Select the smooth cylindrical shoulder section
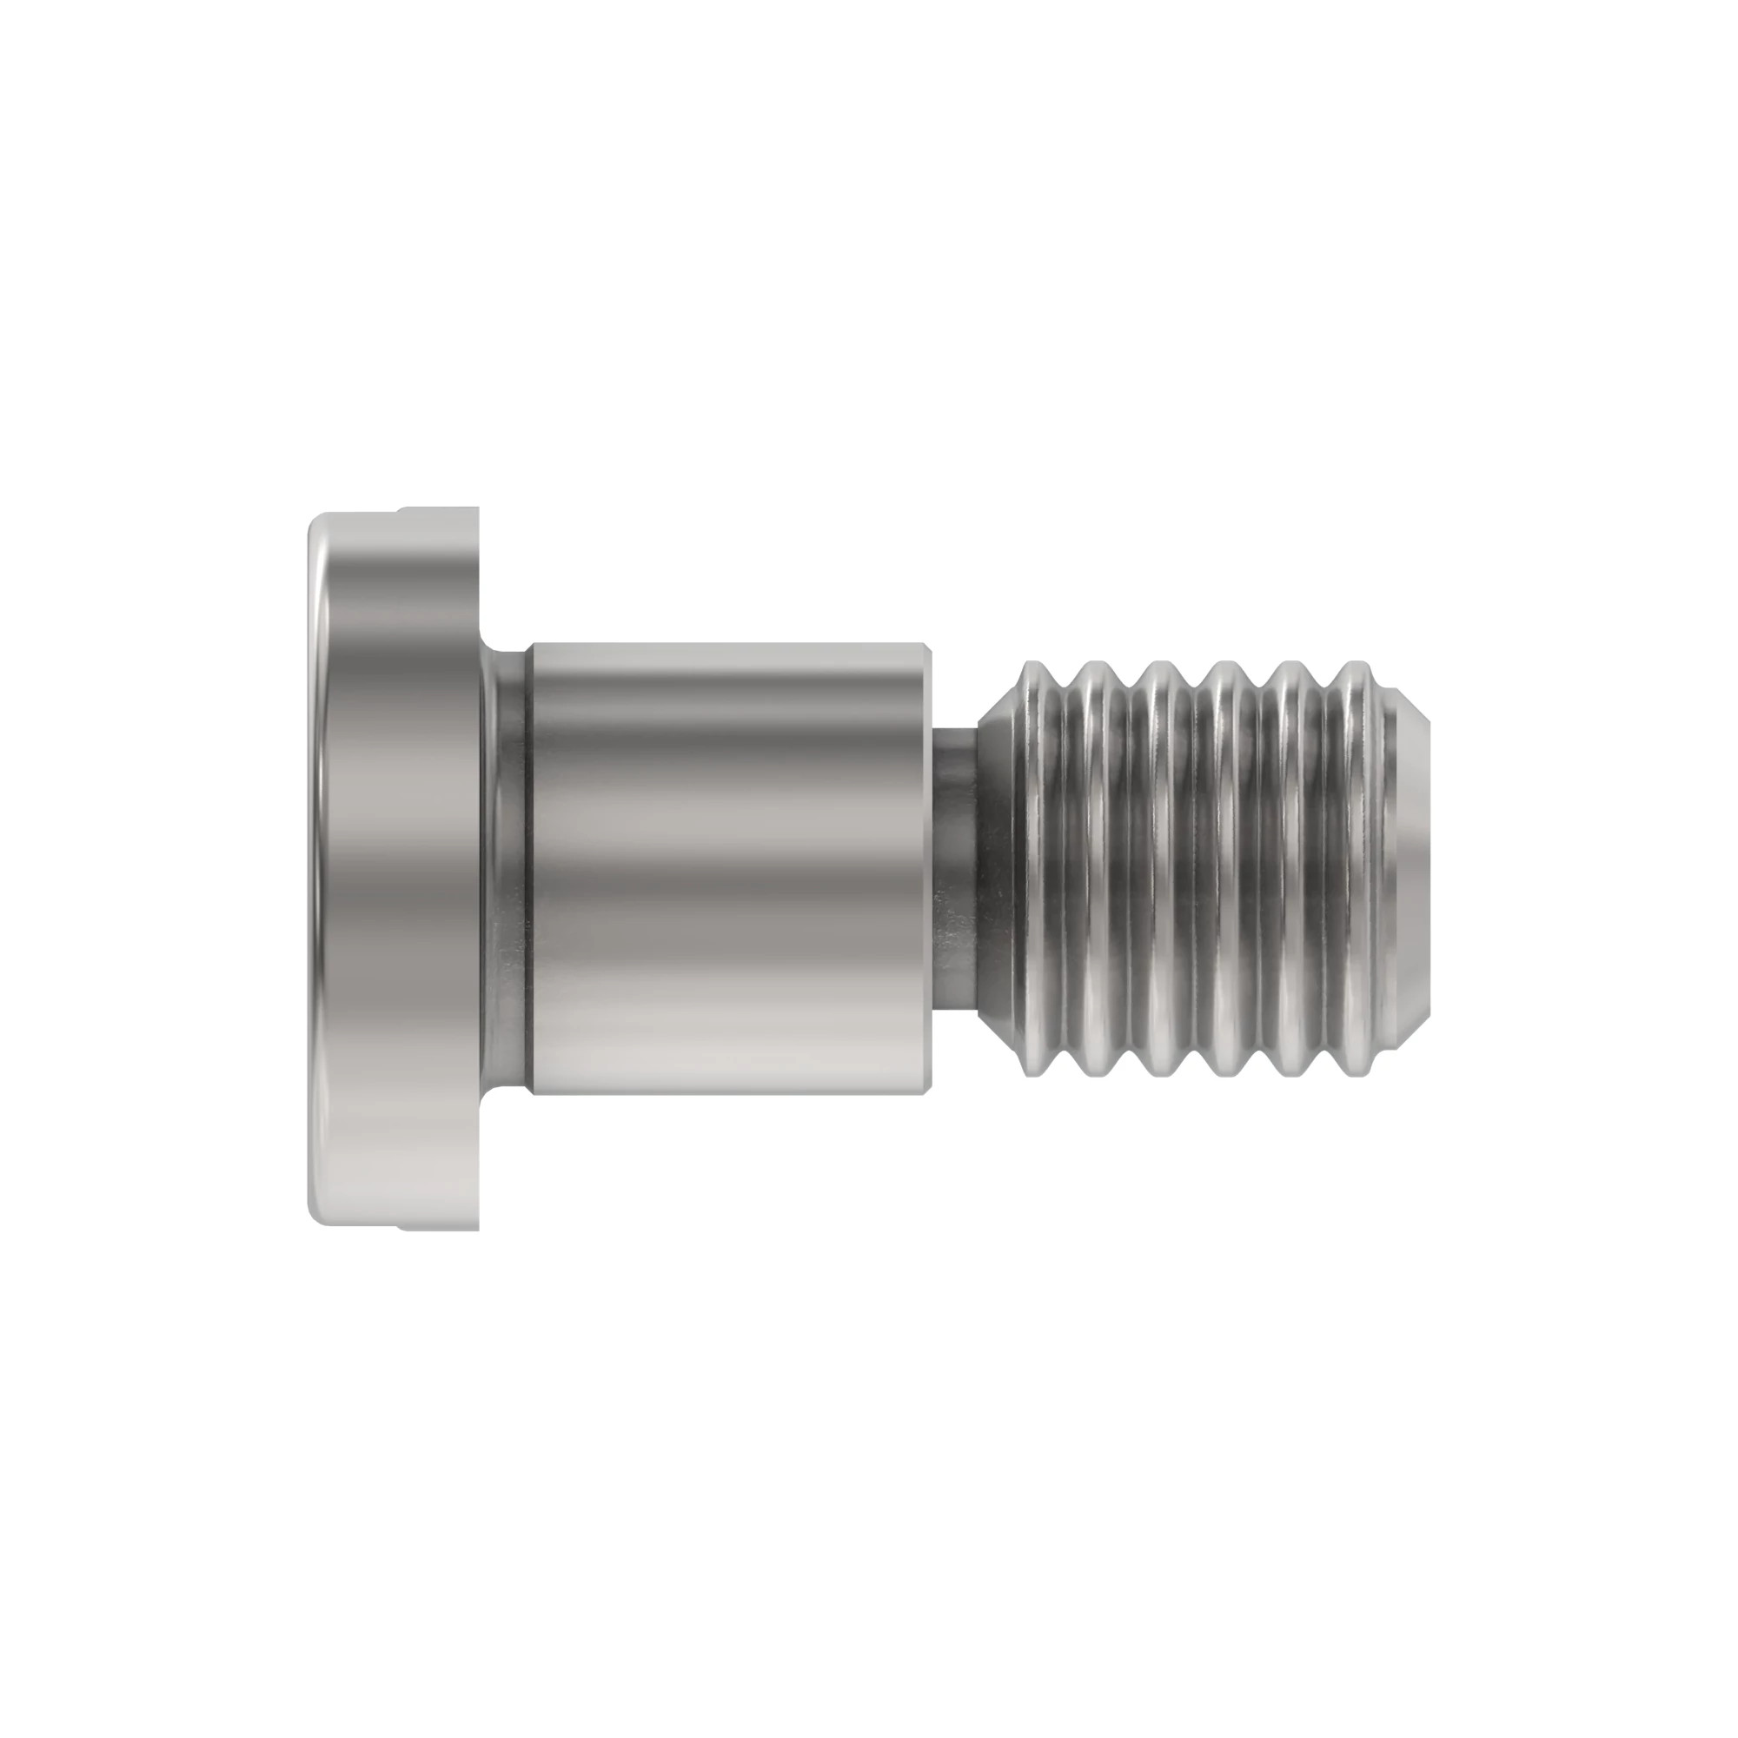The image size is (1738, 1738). tap(729, 868)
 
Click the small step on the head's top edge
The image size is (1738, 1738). tap(401, 510)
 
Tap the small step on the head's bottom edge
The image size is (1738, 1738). tap(401, 1226)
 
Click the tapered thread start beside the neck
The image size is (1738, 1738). tap(998, 868)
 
